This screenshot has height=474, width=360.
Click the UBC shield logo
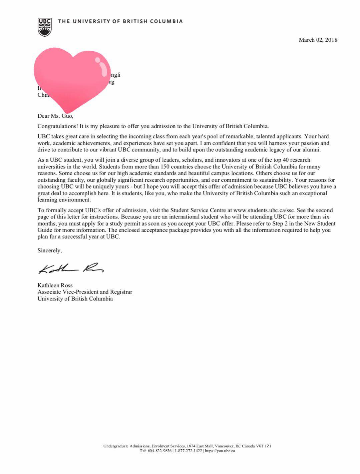coord(45,27)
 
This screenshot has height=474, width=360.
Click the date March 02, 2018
coord(318,40)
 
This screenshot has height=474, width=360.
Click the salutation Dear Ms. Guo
coord(55,116)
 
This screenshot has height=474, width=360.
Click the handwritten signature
coord(71,268)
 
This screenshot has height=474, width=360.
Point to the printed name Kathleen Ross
coord(55,285)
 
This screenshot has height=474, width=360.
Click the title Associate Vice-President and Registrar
coord(85,292)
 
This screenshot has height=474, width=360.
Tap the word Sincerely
coord(49,251)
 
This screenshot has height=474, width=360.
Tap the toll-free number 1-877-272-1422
coord(188,451)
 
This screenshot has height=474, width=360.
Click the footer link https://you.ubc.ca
coord(220,451)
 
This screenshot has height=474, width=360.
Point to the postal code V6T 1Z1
coord(263,446)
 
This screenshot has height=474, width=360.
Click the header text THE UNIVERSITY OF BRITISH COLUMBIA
coord(120,21)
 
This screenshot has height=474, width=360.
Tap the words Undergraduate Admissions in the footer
coord(126,446)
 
